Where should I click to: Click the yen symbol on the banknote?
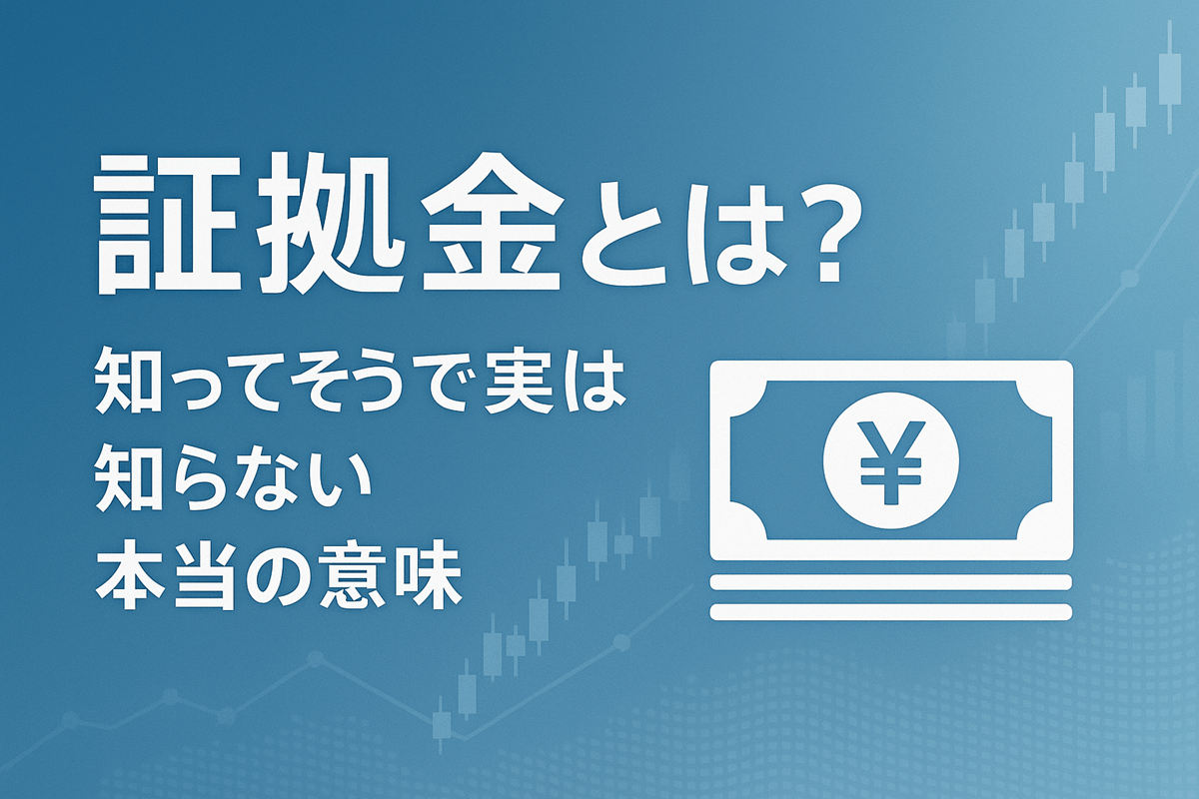(890, 460)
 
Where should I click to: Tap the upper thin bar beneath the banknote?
(890, 582)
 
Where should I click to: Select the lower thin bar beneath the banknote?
(890, 610)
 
